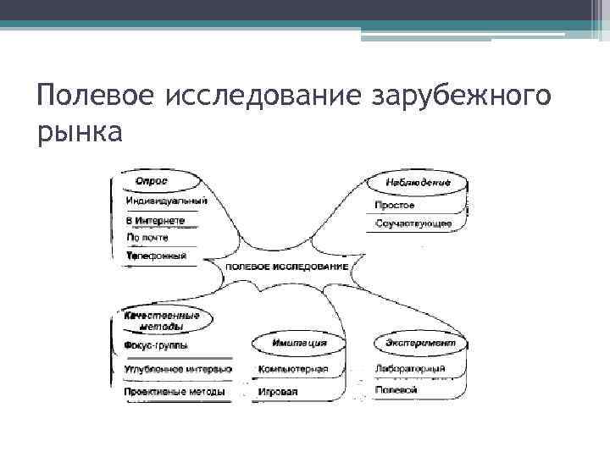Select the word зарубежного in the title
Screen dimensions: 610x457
pyautogui.click(x=462, y=95)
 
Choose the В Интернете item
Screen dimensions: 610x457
pyautogui.click(x=155, y=220)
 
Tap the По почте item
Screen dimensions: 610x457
pyautogui.click(x=147, y=238)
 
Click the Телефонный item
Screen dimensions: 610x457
pyautogui.click(x=156, y=256)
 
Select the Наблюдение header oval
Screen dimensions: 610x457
pyautogui.click(x=417, y=183)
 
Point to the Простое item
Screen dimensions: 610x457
pyautogui.click(x=395, y=206)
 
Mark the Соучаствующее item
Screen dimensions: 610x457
pyautogui.click(x=413, y=224)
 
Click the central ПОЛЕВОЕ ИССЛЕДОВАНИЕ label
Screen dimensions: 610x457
pyautogui.click(x=287, y=267)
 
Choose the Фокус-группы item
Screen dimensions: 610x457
pyautogui.click(x=156, y=345)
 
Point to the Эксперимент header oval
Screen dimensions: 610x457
pyautogui.click(x=419, y=344)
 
